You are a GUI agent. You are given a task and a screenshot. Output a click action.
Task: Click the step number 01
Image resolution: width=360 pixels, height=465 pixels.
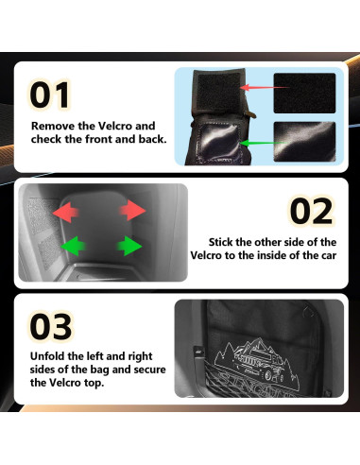pyautogui.click(x=49, y=95)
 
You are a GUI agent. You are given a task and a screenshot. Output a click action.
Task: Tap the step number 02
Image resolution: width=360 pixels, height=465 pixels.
pyautogui.click(x=311, y=211)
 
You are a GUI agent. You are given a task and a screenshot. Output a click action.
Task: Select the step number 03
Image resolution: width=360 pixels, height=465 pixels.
pyautogui.click(x=51, y=326)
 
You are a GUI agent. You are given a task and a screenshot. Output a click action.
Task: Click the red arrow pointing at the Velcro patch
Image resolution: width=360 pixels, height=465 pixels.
pyautogui.click(x=264, y=87)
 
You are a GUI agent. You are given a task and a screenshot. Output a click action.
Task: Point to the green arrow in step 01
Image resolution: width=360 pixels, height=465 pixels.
pyautogui.click(x=264, y=143)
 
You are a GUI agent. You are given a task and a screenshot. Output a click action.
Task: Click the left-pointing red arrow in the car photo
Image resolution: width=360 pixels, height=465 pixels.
pyautogui.click(x=65, y=212)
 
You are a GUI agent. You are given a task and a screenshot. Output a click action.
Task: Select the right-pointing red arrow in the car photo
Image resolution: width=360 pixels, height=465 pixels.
pyautogui.click(x=132, y=210)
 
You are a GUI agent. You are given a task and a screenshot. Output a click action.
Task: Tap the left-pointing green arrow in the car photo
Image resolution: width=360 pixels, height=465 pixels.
pyautogui.click(x=73, y=246)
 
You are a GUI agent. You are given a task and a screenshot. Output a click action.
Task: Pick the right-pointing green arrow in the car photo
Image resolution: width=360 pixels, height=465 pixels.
pyautogui.click(x=129, y=246)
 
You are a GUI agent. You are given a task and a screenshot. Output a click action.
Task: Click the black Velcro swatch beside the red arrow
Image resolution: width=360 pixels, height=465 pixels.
pyautogui.click(x=304, y=94)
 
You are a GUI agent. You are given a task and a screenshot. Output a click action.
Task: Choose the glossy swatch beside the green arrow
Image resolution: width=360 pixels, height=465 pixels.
pyautogui.click(x=304, y=142)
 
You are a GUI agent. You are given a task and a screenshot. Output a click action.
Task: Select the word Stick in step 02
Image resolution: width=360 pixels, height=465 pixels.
pyautogui.click(x=220, y=242)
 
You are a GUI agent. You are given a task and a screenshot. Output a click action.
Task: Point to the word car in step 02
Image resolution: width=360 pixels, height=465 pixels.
pyautogui.click(x=329, y=255)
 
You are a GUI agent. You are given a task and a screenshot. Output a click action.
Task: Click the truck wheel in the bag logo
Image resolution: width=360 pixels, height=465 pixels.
pyautogui.click(x=268, y=375)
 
